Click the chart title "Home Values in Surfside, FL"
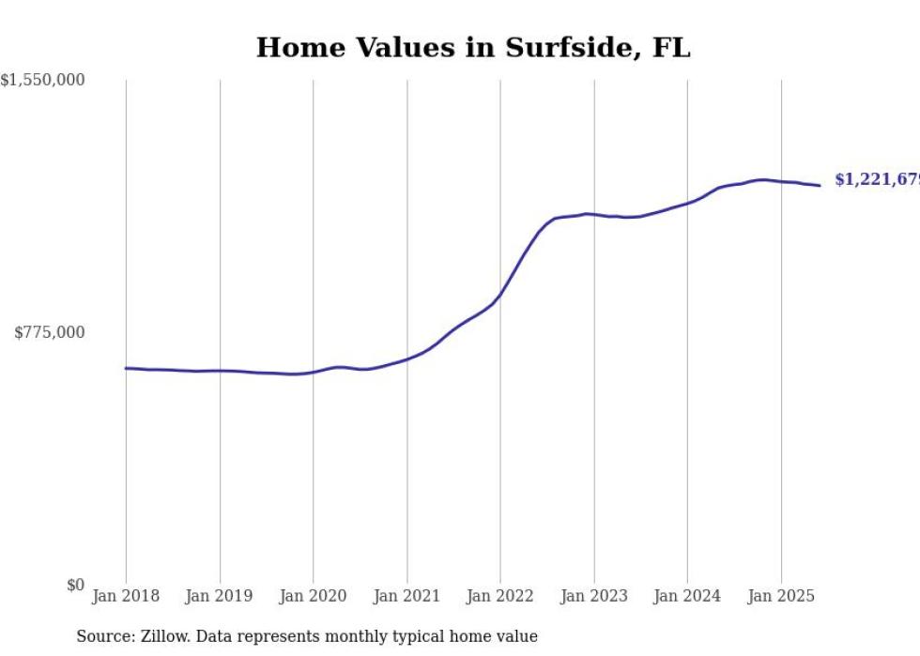(x=473, y=48)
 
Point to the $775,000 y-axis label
(x=50, y=332)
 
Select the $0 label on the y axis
(x=75, y=585)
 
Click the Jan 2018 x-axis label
(x=126, y=596)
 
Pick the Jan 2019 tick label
(x=219, y=596)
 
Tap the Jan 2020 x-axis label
(x=313, y=596)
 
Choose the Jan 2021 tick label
(x=406, y=596)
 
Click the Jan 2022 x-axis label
(x=500, y=596)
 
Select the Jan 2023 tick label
(x=593, y=596)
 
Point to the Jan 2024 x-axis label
(x=687, y=596)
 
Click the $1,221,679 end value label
(x=877, y=179)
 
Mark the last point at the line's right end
(x=820, y=185)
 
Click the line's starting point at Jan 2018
(x=126, y=368)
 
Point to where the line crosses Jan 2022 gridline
(x=500, y=295)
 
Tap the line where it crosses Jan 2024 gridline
(x=687, y=202)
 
